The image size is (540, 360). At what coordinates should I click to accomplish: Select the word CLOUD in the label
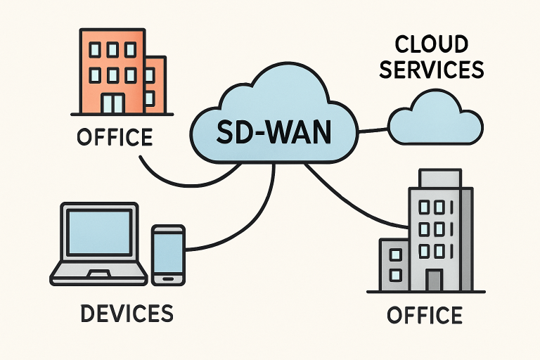click(x=431, y=45)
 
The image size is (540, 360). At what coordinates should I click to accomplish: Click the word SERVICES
click(x=431, y=70)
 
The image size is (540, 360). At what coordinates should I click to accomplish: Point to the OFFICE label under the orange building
click(x=115, y=136)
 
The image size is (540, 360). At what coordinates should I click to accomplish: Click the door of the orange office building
click(x=112, y=103)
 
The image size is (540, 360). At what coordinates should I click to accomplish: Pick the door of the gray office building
click(x=434, y=280)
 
